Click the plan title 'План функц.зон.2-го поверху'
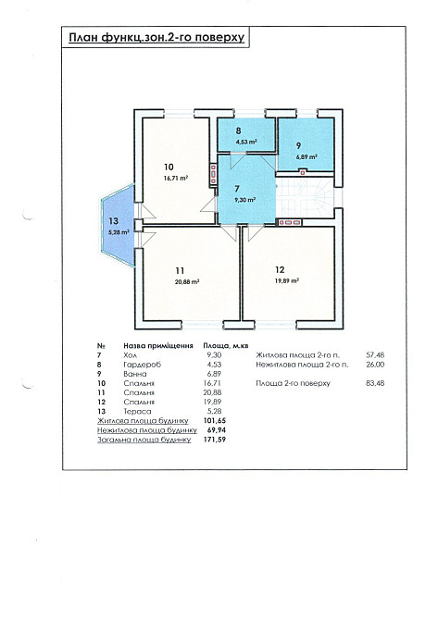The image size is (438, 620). (156, 38)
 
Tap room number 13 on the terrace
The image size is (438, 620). (113, 221)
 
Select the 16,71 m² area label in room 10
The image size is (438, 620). (176, 178)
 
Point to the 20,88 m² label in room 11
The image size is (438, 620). (187, 282)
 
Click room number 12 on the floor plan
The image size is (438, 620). (280, 269)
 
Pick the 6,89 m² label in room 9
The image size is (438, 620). (307, 156)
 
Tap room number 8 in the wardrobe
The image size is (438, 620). (238, 130)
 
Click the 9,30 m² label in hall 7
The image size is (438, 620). (244, 200)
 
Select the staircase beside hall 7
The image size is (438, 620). (305, 198)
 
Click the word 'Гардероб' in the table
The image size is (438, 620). (142, 365)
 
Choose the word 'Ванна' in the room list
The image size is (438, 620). (135, 374)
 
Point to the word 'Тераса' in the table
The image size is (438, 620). (137, 411)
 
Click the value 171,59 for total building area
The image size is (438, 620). (215, 440)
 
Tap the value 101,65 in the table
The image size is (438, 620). (215, 421)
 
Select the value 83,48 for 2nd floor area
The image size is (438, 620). (375, 383)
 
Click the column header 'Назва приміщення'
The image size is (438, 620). (158, 346)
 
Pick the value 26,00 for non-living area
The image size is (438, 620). (375, 365)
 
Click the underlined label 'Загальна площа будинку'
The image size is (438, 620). (144, 440)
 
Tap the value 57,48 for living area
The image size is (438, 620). (375, 355)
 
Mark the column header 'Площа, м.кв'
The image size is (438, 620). (226, 346)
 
